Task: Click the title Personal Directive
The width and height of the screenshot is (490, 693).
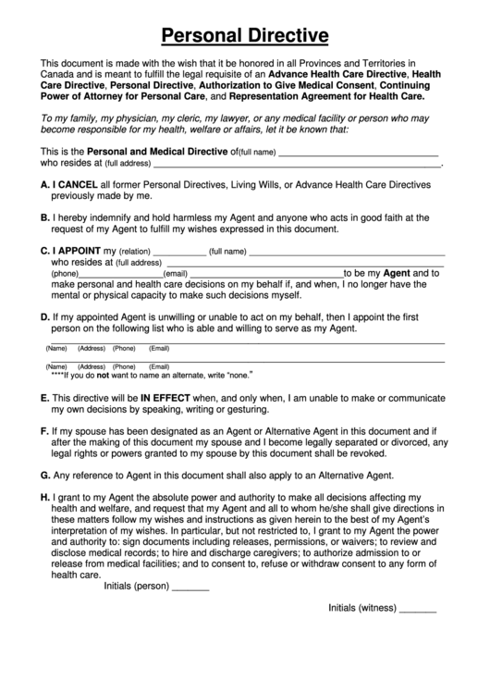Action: [x=245, y=36]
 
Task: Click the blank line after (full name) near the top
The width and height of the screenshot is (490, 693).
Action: [x=358, y=154]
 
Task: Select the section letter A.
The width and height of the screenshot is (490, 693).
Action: [x=45, y=185]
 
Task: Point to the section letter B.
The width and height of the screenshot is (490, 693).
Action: [x=45, y=217]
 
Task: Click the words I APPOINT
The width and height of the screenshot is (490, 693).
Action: [x=78, y=251]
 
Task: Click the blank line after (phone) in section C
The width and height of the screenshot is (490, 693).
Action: [x=121, y=276]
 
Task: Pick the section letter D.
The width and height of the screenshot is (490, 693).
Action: [x=45, y=317]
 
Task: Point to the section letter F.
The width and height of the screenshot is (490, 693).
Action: [x=45, y=431]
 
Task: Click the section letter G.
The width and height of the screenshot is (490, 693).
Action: [x=45, y=476]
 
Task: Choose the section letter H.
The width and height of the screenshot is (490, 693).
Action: [x=45, y=497]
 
